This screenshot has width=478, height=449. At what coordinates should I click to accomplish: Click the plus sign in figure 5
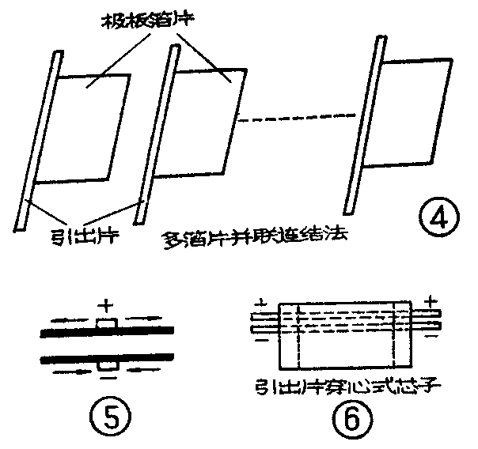(x=104, y=303)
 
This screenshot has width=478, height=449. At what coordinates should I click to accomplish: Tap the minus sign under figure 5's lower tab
(x=105, y=379)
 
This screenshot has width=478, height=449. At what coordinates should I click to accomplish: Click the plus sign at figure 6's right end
(x=431, y=301)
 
